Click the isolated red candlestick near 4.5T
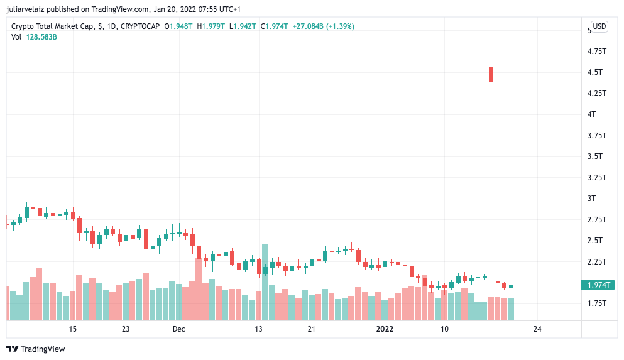(491, 74)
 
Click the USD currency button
(599, 26)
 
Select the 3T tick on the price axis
(591, 198)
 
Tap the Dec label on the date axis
(179, 329)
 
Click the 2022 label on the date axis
(385, 329)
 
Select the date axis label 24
(537, 329)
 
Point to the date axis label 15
(73, 329)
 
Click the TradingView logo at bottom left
(36, 349)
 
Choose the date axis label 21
(311, 329)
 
